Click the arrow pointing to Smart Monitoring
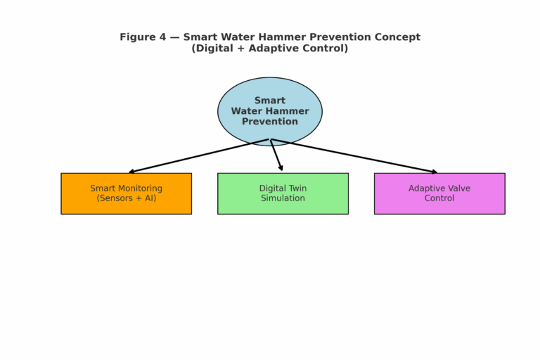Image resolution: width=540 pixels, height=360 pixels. click(197, 155)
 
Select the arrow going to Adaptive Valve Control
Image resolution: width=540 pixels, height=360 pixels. click(359, 156)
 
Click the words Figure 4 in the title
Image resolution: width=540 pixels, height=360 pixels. click(138, 37)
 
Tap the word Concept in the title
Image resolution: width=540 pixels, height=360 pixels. click(398, 37)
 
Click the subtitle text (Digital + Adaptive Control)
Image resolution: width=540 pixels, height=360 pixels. click(270, 49)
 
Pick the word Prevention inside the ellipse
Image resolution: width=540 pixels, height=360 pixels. click(270, 122)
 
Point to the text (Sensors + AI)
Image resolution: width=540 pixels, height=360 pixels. click(127, 198)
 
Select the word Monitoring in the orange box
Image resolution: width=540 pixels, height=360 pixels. click(139, 188)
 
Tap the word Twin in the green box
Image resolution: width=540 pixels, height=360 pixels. click(297, 188)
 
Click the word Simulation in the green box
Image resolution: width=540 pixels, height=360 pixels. click(283, 198)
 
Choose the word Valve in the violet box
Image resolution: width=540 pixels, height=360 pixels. click(458, 188)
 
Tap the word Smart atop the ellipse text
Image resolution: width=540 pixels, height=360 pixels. click(270, 101)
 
